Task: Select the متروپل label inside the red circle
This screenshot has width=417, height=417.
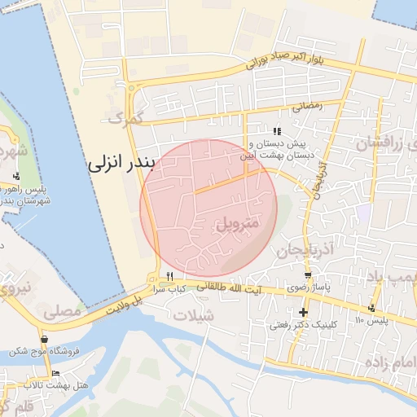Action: pos(238,222)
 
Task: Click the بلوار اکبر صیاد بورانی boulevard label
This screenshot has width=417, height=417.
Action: pos(284,59)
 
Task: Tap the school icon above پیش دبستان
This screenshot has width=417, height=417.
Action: pos(277,131)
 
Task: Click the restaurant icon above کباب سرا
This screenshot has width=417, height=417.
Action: pos(170,276)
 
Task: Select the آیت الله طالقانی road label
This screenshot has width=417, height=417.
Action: pos(232,287)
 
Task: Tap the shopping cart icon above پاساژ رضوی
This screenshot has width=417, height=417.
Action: pos(306,275)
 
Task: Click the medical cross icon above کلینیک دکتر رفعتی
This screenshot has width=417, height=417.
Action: pos(304,312)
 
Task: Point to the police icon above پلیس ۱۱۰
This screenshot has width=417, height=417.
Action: pos(371,308)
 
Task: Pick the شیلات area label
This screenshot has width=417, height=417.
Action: pos(195,315)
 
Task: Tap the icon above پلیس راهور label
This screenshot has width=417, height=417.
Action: pos(16,176)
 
